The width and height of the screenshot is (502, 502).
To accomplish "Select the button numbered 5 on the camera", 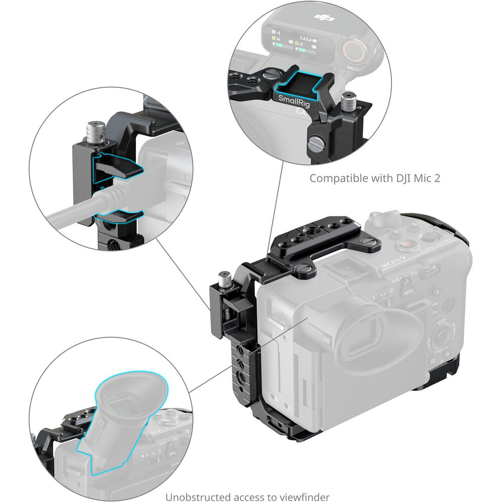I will point(438,291).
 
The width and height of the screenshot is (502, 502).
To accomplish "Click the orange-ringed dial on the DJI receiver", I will point(354,50).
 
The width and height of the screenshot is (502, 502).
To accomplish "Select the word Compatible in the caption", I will point(334,178).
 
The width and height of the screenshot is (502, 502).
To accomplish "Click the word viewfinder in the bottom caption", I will point(309,497).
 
